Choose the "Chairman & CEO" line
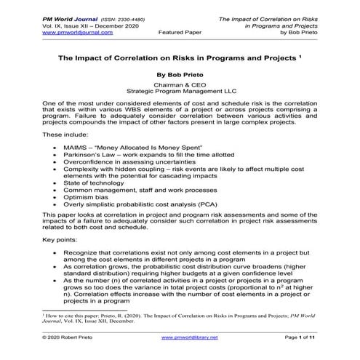click(x=180, y=85)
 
